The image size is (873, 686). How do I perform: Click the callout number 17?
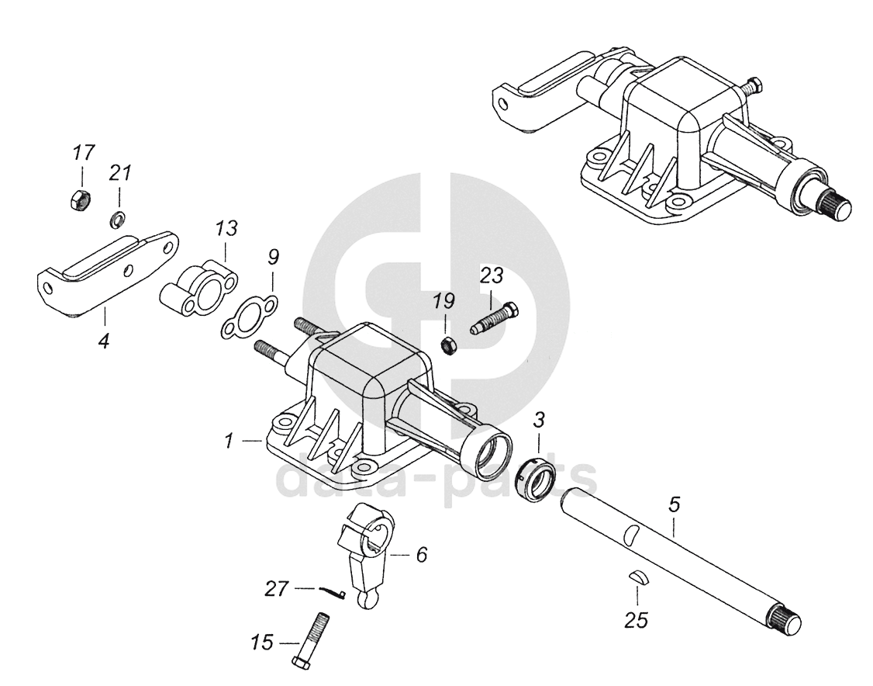pos(83,152)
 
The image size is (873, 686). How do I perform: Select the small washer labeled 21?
pos(117,220)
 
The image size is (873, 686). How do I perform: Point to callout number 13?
pos(226,229)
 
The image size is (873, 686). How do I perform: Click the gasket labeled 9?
pos(247,318)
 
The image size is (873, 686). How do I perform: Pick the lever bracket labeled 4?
pos(109,272)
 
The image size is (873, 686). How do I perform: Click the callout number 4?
pos(103,339)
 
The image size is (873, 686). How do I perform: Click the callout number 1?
pos(229,441)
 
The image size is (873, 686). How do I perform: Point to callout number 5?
pos(674,505)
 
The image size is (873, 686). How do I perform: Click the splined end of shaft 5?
pos(785,622)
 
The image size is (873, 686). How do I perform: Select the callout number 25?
pos(637,620)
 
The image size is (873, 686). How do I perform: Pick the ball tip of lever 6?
pos(367,600)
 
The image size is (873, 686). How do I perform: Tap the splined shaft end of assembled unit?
pos(834,205)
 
